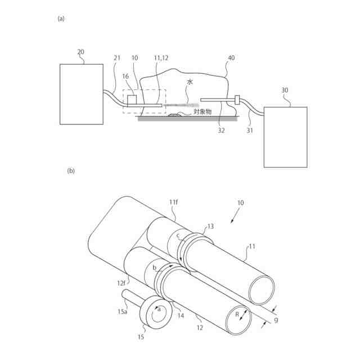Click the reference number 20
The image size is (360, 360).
click(81, 52)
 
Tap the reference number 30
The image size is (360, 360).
click(285, 89)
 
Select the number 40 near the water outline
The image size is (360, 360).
click(231, 58)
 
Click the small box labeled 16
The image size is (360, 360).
click(133, 100)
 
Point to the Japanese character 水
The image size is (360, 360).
click(190, 82)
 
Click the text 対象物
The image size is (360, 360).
click(202, 111)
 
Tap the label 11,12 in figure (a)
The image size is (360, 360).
click(160, 58)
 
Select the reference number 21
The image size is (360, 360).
click(117, 58)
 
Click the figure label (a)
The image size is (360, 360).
click(61, 19)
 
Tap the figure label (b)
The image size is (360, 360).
click(71, 170)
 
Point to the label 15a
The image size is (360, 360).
click(122, 310)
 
